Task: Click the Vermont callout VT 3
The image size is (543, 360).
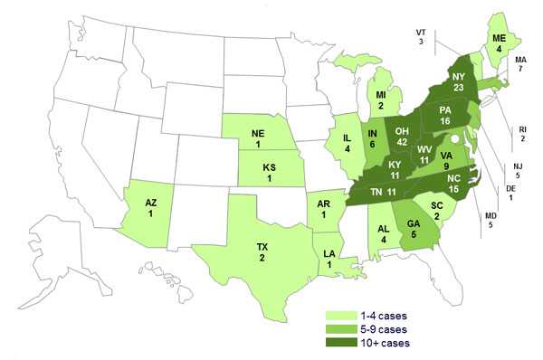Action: click(x=420, y=37)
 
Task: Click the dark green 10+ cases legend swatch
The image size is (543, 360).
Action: click(x=338, y=343)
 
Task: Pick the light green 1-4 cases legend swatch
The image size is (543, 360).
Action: click(x=338, y=316)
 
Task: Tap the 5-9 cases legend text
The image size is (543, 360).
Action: click(x=380, y=329)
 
